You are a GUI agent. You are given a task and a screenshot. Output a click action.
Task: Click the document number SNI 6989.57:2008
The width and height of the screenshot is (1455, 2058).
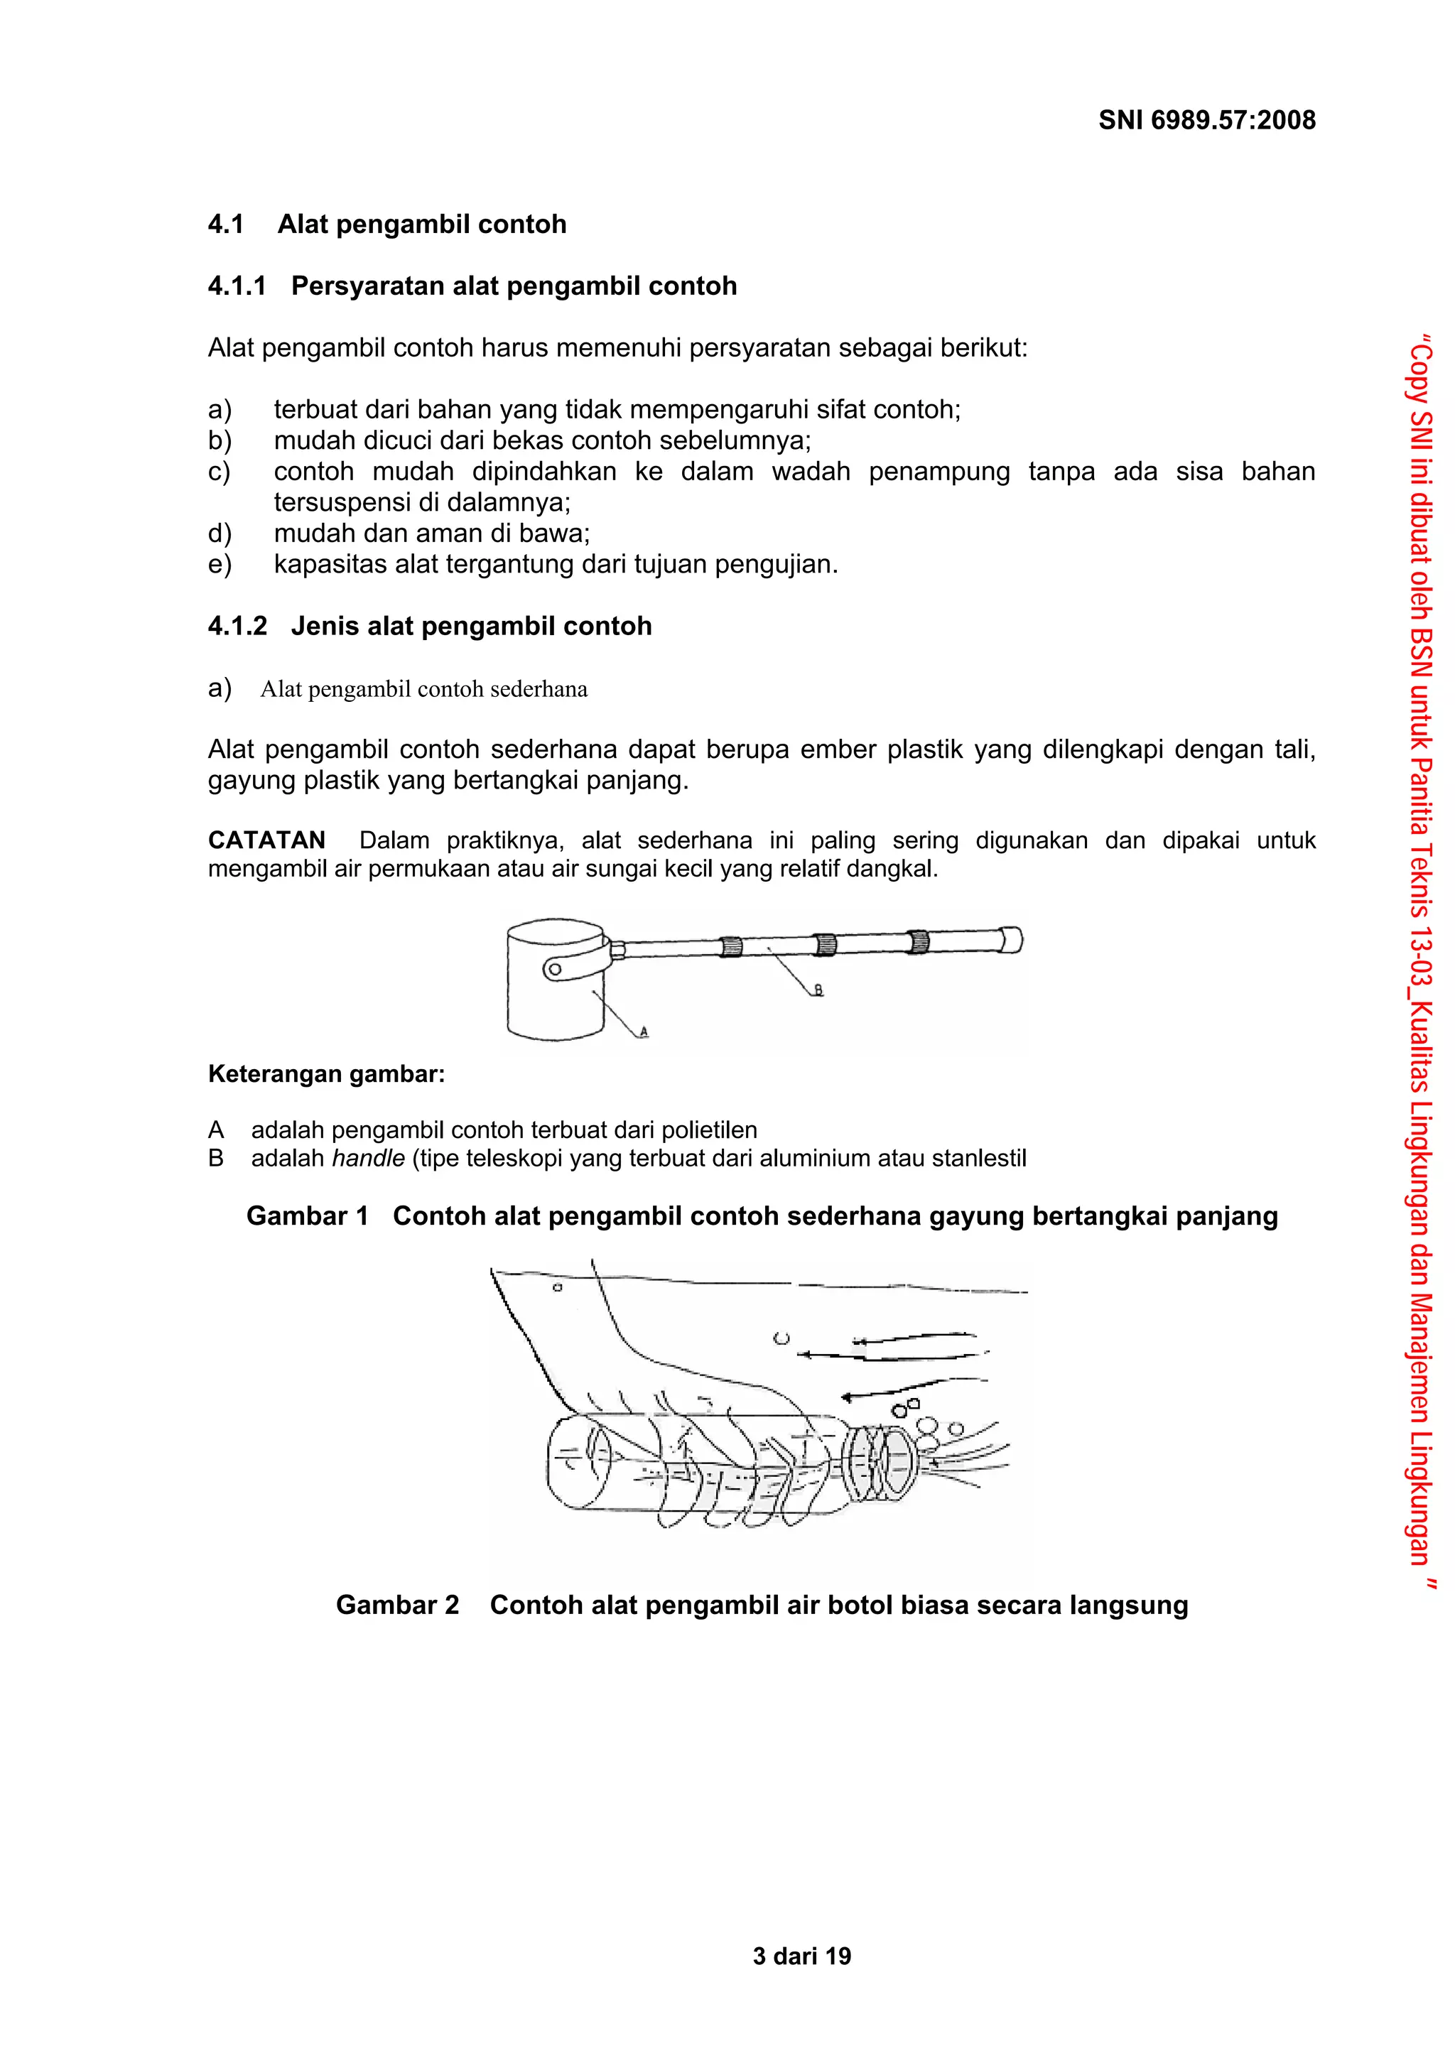[x=1206, y=120]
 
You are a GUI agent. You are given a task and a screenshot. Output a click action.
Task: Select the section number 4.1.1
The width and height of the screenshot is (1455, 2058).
[x=237, y=286]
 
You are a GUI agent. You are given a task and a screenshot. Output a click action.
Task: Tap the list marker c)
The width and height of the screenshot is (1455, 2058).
[x=220, y=472]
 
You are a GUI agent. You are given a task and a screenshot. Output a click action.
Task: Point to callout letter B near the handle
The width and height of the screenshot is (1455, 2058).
[x=818, y=990]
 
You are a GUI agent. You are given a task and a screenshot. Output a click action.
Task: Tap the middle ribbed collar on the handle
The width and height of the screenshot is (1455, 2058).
[x=824, y=944]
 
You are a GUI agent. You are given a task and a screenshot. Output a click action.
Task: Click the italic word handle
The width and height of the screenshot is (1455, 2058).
[x=367, y=1158]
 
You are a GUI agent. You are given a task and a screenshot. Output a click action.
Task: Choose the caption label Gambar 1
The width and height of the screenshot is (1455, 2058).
[x=308, y=1216]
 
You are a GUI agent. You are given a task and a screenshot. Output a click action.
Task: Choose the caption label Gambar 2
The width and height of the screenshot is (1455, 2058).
[x=397, y=1630]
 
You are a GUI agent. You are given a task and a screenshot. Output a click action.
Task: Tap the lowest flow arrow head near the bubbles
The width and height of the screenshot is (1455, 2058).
[x=845, y=1397]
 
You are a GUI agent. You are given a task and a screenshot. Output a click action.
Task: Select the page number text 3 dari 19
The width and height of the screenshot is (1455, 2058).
[x=801, y=1956]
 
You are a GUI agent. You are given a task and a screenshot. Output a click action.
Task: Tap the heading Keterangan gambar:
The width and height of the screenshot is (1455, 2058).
[x=326, y=1074]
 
